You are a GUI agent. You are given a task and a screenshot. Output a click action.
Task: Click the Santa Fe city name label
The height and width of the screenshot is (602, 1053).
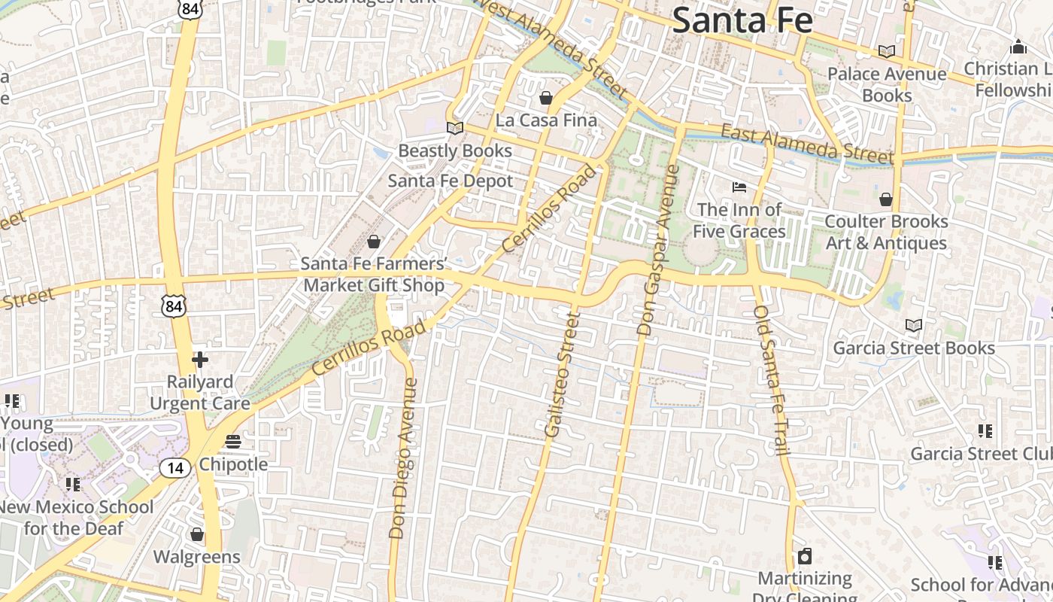pos(742,20)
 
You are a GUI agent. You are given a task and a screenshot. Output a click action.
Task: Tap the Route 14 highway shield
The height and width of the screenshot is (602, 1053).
pos(174,468)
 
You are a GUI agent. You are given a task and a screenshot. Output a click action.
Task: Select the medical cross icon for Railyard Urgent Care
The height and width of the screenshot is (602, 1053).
pos(200,360)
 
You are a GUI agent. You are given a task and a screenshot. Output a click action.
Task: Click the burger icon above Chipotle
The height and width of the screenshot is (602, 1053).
pos(233,441)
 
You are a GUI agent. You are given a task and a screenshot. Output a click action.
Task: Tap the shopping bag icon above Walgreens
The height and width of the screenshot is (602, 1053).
pos(197,534)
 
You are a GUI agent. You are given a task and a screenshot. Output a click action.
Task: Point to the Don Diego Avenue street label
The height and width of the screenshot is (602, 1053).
pos(403,458)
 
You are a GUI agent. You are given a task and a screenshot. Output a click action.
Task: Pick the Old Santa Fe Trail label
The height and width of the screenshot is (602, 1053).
pos(772,379)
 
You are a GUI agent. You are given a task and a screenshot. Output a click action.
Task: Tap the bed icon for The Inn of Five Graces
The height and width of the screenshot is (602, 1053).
pos(739,187)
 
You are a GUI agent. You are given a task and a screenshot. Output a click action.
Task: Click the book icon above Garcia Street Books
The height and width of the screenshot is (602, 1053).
pos(914,325)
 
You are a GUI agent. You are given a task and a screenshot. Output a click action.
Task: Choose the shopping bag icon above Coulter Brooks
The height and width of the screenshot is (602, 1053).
pos(886,199)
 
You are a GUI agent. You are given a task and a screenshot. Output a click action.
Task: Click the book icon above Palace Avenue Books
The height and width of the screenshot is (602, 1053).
pos(887,51)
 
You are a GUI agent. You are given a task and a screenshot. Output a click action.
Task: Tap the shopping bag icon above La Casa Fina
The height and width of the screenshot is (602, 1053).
pos(546,98)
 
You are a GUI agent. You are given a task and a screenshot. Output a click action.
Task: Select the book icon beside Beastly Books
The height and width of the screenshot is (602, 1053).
pos(454,128)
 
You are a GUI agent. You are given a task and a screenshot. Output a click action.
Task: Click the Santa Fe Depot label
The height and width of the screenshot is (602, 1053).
pos(451,181)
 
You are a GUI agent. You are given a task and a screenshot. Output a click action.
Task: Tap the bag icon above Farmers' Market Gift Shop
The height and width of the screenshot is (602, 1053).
pos(373,242)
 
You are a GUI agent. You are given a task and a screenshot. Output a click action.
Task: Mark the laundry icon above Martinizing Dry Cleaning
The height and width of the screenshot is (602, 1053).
pos(804,556)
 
